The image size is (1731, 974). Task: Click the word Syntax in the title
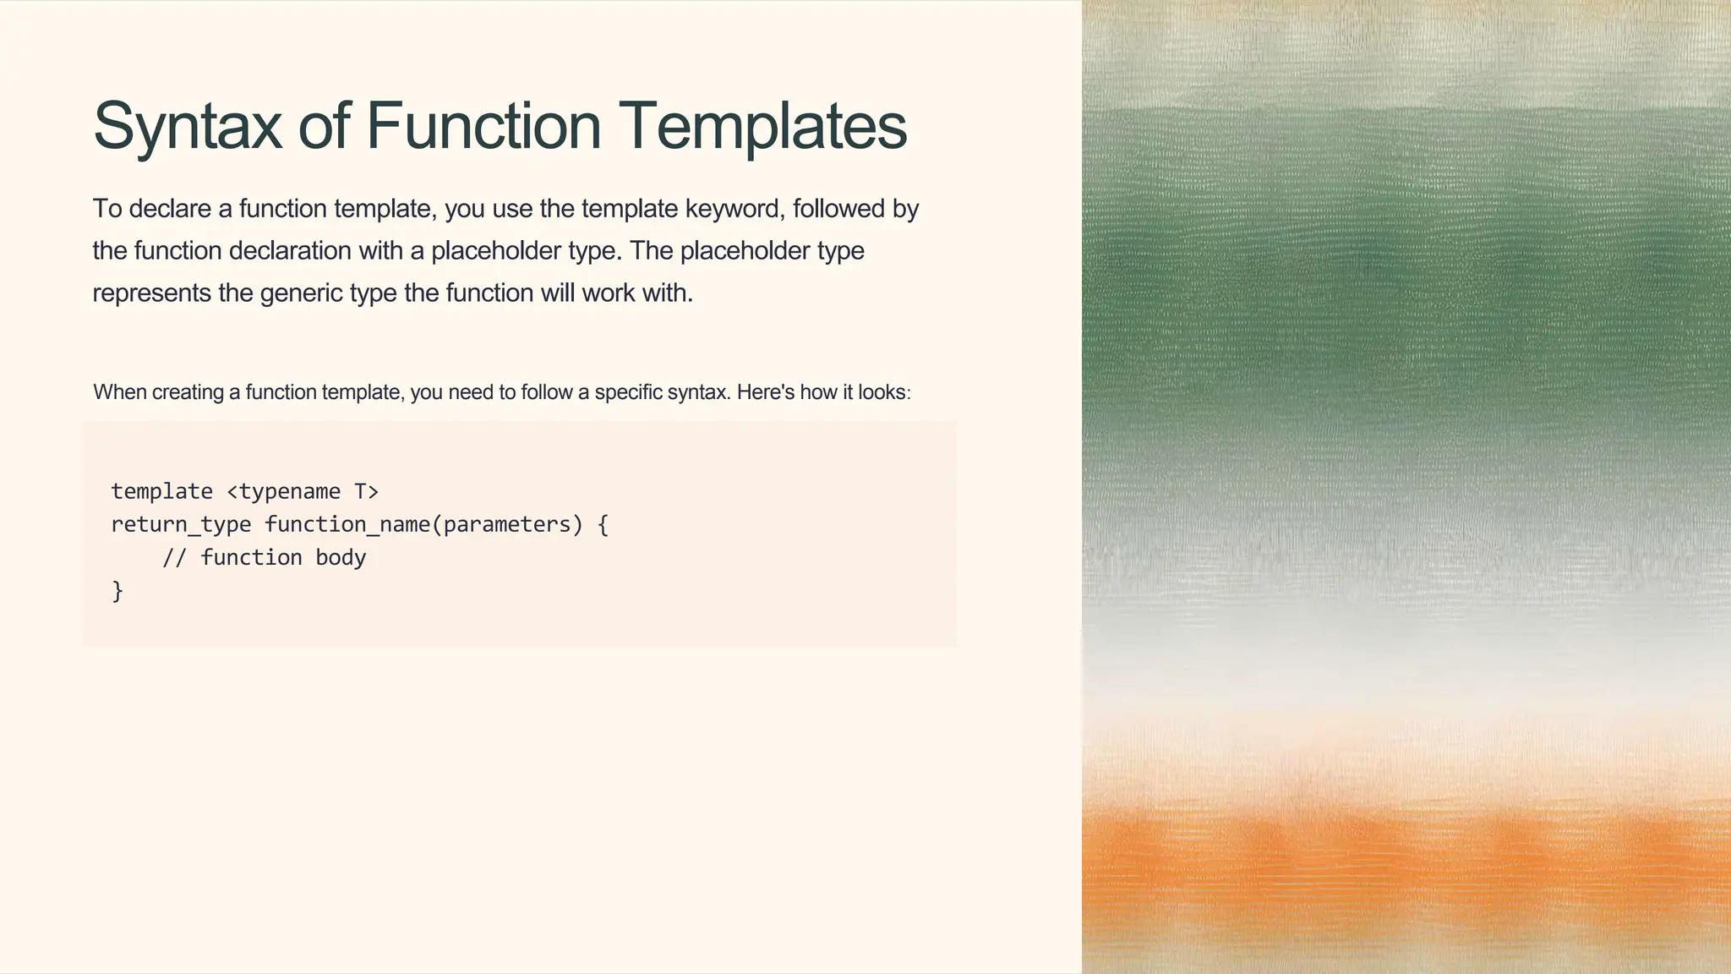pos(187,127)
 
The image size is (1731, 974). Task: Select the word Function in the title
pos(483,125)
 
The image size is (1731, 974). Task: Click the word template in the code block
pos(161,491)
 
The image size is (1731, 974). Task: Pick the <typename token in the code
pos(284,491)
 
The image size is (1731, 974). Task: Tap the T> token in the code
pos(366,491)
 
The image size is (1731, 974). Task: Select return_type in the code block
pos(181,524)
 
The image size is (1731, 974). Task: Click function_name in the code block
pos(347,524)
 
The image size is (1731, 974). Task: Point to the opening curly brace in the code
pos(603,524)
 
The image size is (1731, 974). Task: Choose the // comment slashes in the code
pos(174,558)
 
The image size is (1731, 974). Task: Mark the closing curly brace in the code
pos(117,591)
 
